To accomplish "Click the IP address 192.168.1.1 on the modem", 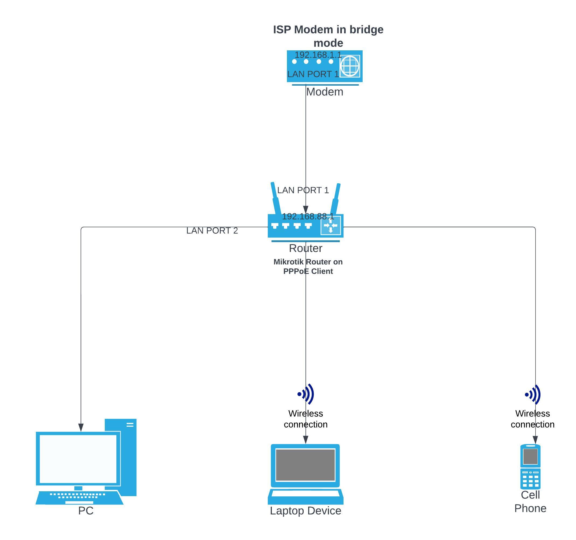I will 318,55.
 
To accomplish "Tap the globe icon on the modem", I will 350,66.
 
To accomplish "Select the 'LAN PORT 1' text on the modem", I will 313,74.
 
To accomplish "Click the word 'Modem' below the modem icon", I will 325,92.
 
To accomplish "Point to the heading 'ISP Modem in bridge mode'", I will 328,36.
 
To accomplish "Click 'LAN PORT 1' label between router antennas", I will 303,190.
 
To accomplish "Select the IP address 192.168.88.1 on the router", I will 308,216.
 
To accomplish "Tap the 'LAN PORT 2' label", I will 212,230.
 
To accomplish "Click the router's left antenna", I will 275,198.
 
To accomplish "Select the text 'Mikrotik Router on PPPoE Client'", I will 308,267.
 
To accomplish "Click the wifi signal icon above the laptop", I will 306,394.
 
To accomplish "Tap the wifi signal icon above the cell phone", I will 533,394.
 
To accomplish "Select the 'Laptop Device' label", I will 306,511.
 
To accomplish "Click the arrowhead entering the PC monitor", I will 81,428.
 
